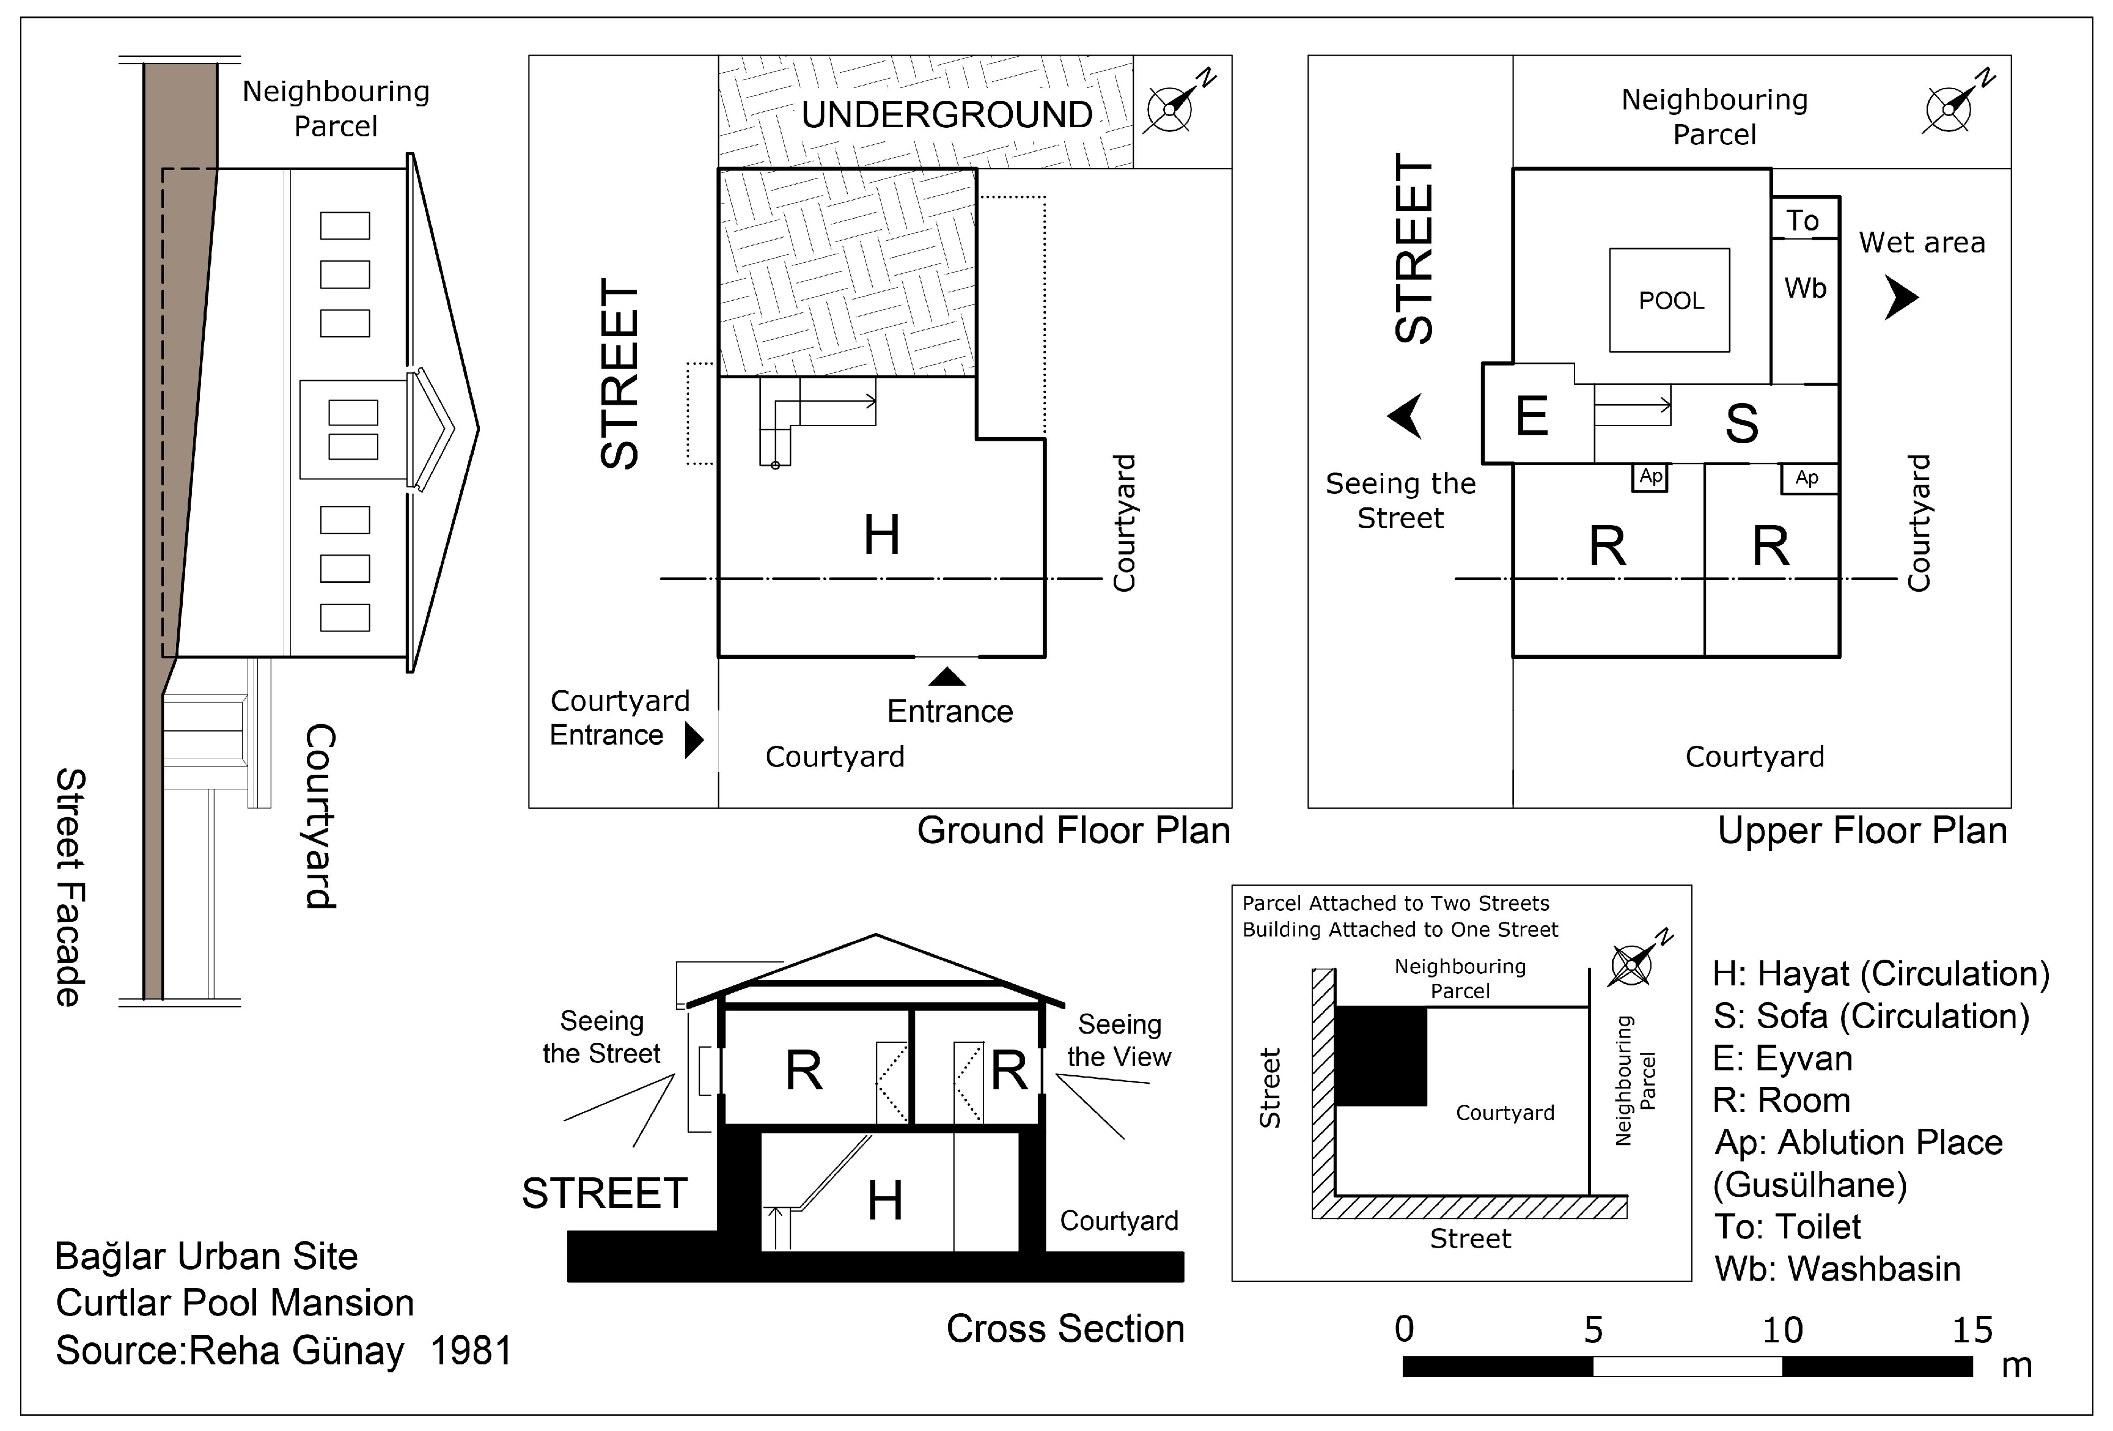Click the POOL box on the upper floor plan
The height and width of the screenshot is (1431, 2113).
click(1669, 300)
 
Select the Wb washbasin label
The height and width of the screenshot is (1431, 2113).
click(1805, 288)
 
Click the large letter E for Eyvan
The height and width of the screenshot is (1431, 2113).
click(1532, 416)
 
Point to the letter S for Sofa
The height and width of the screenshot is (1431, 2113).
click(1741, 424)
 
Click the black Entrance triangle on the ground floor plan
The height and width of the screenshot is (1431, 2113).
click(947, 677)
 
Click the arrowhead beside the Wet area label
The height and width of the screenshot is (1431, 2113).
click(1900, 297)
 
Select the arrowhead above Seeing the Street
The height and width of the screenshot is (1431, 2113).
click(1406, 416)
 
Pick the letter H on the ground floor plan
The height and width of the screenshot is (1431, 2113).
click(881, 535)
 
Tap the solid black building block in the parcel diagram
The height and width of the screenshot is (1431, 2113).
click(1380, 1056)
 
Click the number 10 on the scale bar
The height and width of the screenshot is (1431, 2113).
click(1782, 1331)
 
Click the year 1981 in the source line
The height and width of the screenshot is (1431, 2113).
click(471, 1351)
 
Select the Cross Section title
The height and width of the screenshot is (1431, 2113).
click(1065, 1329)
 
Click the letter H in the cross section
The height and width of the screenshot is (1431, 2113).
click(884, 1200)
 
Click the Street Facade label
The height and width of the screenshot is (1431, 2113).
click(70, 886)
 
